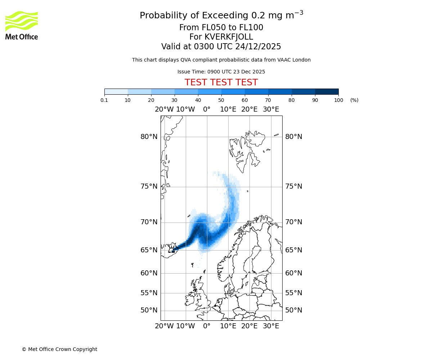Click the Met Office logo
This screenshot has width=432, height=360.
click(22, 25)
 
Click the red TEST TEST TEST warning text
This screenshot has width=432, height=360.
click(221, 82)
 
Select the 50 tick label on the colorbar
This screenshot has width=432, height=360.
click(221, 100)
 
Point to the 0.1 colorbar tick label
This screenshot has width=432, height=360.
click(104, 100)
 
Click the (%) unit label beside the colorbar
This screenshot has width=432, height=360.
click(354, 100)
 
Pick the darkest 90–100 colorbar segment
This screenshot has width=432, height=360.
click(327, 91)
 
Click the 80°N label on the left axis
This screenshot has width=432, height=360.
click(149, 137)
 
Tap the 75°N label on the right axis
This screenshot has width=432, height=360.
click(294, 186)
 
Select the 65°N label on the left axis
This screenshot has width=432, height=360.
click(149, 250)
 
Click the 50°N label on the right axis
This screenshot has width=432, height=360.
click(294, 310)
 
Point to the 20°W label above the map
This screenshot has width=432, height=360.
click(164, 109)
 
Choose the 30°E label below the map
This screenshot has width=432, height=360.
click(271, 326)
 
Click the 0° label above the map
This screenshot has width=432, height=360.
click(207, 109)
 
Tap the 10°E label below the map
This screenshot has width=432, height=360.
click(228, 326)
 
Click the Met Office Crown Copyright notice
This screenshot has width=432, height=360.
click(59, 349)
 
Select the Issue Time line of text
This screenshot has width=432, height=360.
click(221, 72)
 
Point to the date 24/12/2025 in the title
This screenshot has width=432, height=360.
click(258, 47)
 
